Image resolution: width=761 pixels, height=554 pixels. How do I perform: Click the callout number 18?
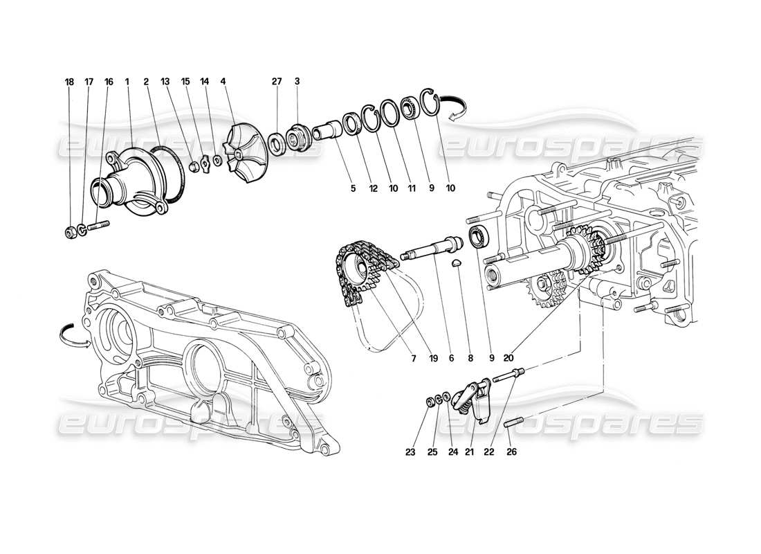(x=68, y=82)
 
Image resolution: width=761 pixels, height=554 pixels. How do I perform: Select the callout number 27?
(x=276, y=82)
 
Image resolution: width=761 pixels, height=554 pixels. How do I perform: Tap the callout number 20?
(x=508, y=358)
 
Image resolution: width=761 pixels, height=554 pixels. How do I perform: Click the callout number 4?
(x=223, y=82)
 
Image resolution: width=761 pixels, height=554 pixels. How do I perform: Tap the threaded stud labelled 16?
(x=100, y=225)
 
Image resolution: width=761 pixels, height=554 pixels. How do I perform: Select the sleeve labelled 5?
(x=326, y=129)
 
